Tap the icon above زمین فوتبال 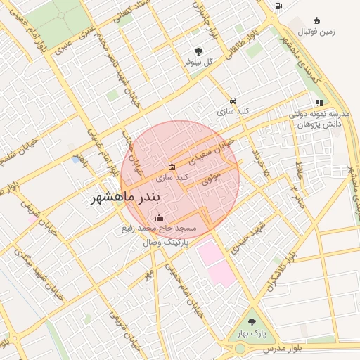317,20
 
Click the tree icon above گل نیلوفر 199,51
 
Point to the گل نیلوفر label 198,63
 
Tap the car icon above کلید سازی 233,101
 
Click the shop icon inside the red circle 172,167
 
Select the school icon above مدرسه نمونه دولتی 319,103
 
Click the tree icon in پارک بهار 252,322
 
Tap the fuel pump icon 278,6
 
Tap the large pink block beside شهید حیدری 217,262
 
